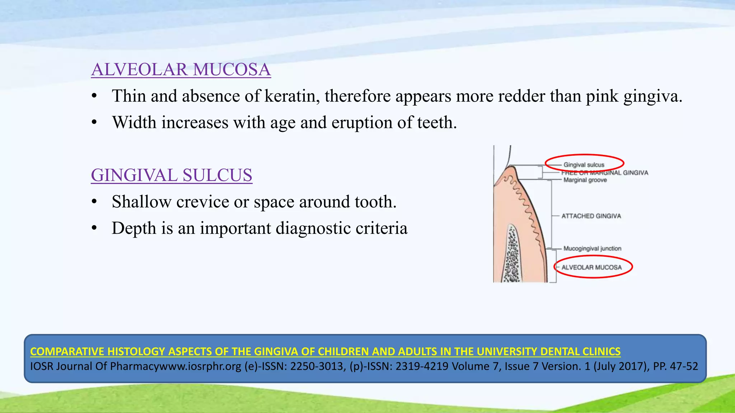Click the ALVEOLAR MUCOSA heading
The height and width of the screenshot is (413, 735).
[181, 70]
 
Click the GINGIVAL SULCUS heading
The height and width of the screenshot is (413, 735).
[172, 175]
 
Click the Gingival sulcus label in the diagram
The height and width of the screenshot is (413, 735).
[584, 165]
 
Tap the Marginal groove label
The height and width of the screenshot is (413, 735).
[585, 180]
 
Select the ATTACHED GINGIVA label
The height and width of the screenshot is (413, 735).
[591, 216]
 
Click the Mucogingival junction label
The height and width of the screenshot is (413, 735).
[592, 248]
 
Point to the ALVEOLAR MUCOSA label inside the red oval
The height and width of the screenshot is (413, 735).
[591, 267]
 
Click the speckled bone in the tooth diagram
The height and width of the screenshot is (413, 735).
[512, 255]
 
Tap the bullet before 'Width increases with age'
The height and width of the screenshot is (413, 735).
[94, 123]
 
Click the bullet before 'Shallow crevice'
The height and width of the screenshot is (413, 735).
[94, 202]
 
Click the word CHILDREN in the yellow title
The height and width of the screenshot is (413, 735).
[344, 351]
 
